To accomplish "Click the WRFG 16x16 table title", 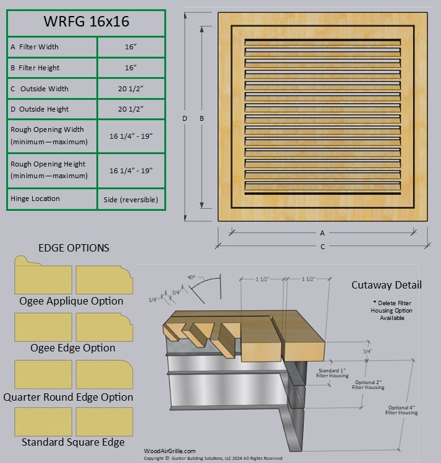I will point(86,22).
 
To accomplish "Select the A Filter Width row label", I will point(35,47).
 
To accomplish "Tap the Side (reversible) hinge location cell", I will point(131,199).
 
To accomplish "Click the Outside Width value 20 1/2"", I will point(131,89).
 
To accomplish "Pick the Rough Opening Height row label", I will point(48,170).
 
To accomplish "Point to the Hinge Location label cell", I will point(35,199).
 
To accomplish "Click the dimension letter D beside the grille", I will point(184,118).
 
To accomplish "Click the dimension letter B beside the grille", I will point(201,118).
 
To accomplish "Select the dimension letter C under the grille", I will point(322,247).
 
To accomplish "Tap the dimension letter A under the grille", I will point(322,233).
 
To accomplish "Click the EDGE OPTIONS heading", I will point(73,248).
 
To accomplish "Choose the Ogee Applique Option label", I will point(71,301).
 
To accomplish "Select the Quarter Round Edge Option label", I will point(68,397).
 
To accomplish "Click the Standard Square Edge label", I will point(73,442).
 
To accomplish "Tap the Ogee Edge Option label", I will point(73,348).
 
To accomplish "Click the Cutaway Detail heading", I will point(386,285).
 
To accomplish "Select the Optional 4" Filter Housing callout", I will point(402,410).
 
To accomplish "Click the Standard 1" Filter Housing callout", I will point(333,374).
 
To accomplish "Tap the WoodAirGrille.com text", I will point(169,451).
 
